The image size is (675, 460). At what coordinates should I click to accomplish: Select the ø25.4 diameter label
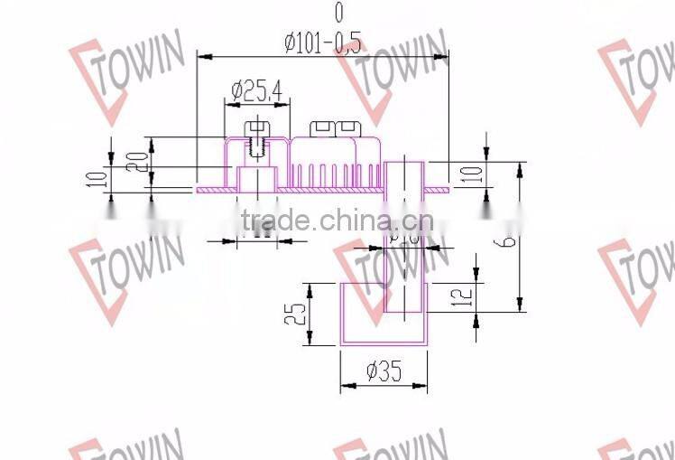pos(256,89)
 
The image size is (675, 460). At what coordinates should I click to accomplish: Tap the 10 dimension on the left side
pos(101,175)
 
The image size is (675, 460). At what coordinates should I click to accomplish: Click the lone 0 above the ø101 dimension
pos(338,13)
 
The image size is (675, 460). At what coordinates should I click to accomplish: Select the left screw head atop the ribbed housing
pos(322,128)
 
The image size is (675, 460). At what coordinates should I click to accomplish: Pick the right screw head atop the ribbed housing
pos(348,128)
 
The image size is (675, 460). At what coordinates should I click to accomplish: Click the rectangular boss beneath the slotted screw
pos(256,178)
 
